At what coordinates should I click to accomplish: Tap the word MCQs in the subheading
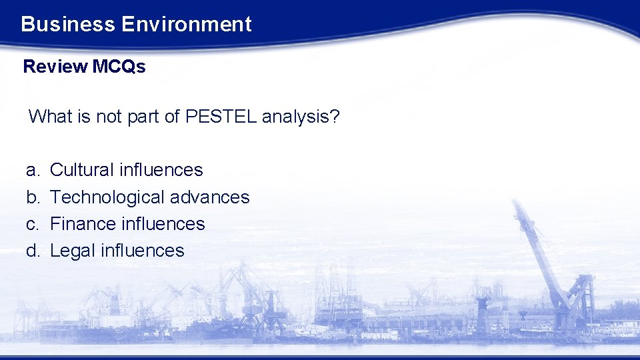(119, 67)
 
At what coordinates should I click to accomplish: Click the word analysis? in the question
(301, 117)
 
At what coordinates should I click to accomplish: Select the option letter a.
(32, 171)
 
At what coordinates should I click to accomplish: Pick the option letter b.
(32, 197)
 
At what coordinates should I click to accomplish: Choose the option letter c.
(32, 224)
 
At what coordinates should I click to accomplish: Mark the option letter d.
(32, 251)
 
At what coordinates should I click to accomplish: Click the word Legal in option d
(72, 251)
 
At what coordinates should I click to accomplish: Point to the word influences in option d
(142, 251)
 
